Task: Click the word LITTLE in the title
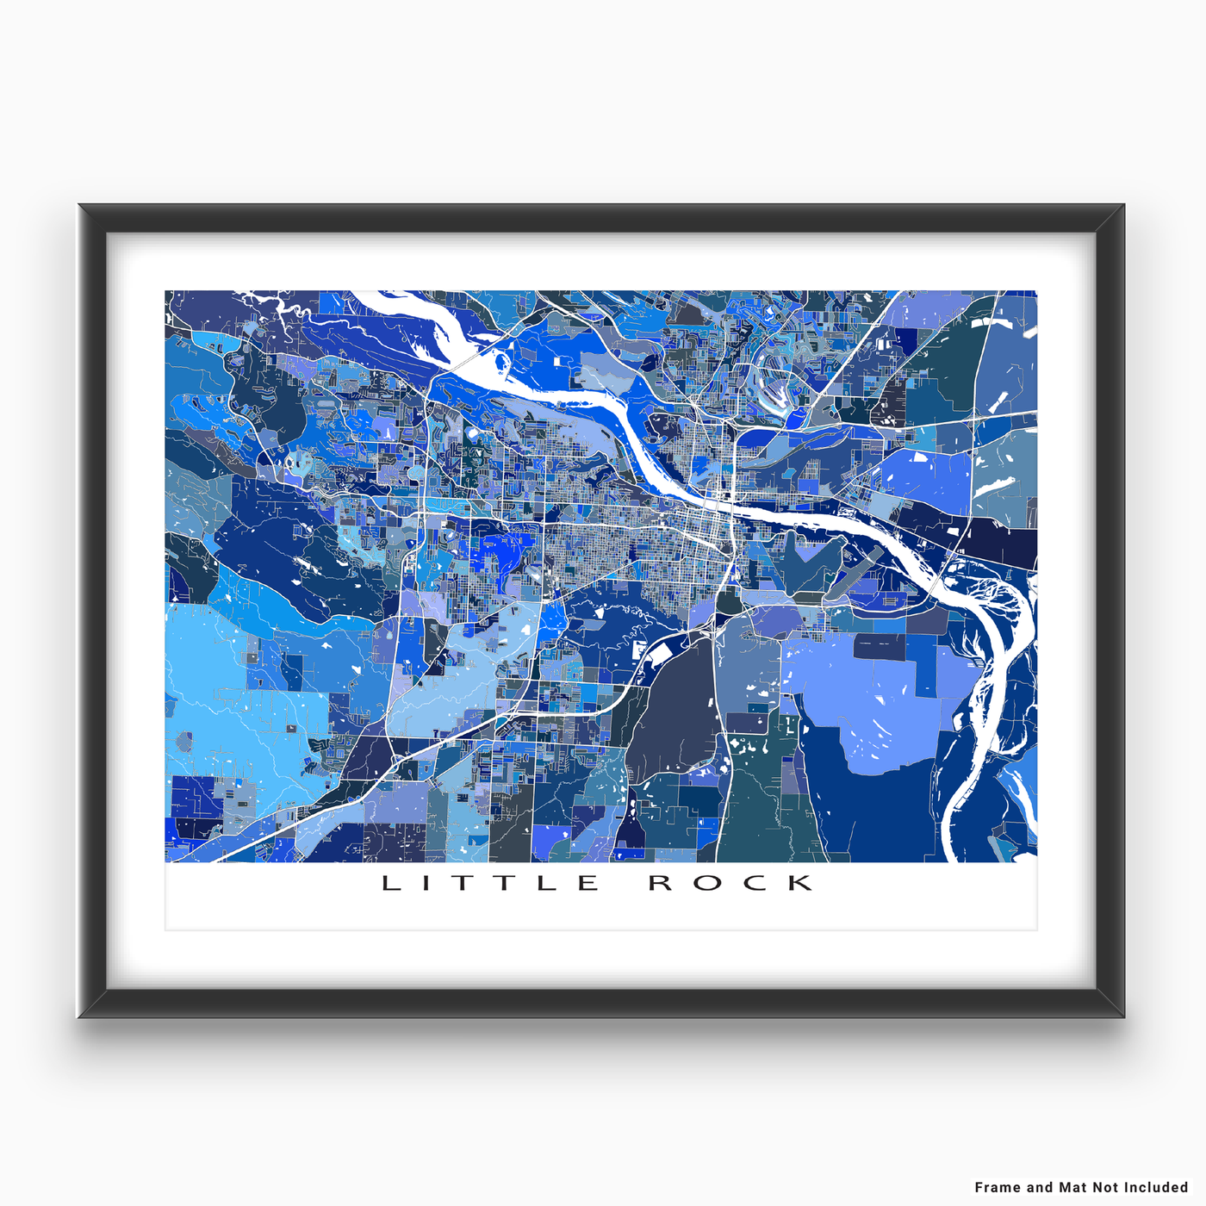490,883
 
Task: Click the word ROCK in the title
730,883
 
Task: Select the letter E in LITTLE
588,883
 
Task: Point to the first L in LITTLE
390,883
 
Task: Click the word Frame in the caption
998,1187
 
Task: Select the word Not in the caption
1106,1187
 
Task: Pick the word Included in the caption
1156,1187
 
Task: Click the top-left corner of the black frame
79,205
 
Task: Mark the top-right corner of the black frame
1124,205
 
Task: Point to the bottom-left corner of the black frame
79,1017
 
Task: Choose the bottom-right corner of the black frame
1124,1017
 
